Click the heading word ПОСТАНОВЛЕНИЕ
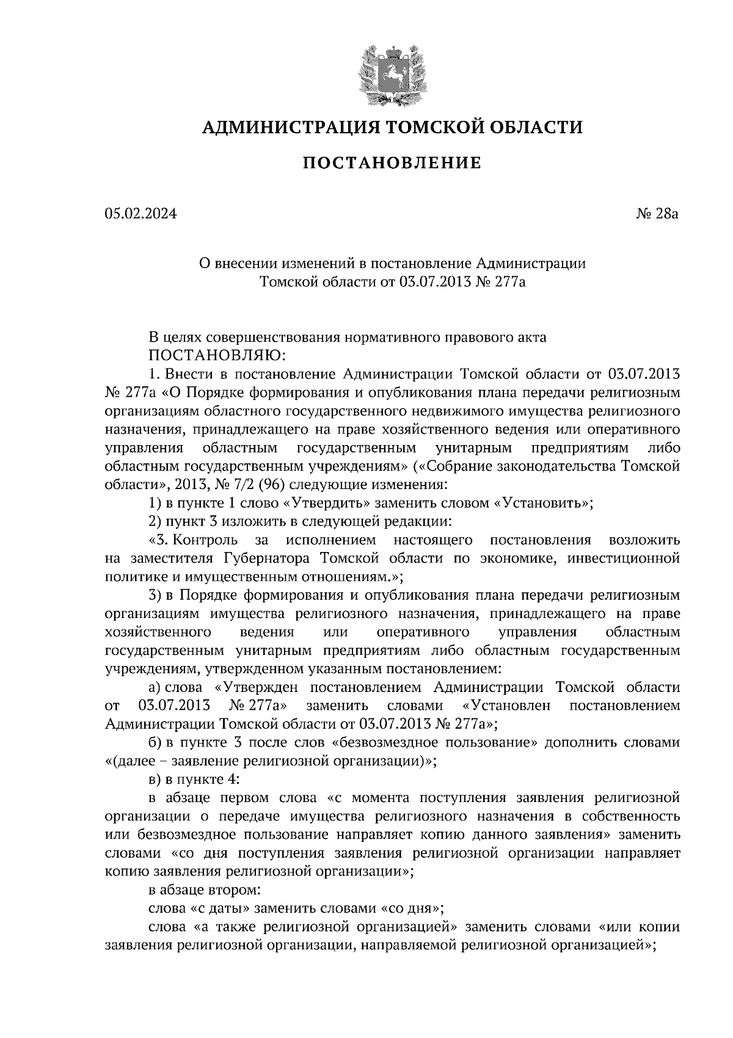pos(392,163)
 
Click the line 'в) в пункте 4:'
pos(195,779)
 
